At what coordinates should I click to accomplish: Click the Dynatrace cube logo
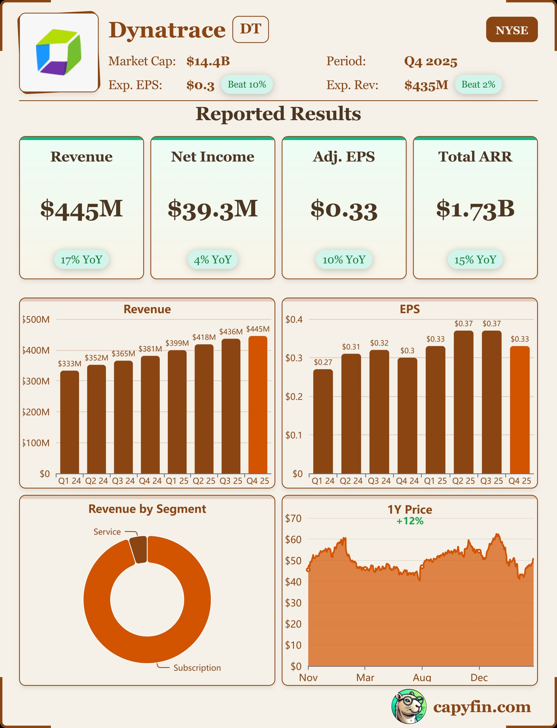pos(59,52)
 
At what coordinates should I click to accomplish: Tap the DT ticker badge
pos(250,29)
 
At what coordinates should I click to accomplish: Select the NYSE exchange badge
pos(511,30)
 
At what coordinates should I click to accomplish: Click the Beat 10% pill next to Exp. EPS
pos(247,84)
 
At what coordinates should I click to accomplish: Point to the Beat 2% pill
pos(478,84)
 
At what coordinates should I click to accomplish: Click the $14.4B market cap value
pos(208,61)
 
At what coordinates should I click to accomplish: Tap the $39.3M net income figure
pos(213,209)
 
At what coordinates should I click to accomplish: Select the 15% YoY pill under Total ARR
pos(475,260)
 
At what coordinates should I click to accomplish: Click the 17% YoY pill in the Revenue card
pos(82,260)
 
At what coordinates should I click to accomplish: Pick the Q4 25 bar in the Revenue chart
pos(258,404)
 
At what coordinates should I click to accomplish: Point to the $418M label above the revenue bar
pos(204,337)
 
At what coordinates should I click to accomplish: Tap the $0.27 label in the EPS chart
pos(323,362)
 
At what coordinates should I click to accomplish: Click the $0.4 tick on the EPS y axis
pos(294,319)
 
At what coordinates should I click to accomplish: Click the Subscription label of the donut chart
pos(197,668)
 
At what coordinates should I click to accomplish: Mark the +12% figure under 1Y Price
pos(410,521)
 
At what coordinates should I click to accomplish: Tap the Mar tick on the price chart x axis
pos(365,678)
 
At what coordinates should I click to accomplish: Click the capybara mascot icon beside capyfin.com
pos(408,707)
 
